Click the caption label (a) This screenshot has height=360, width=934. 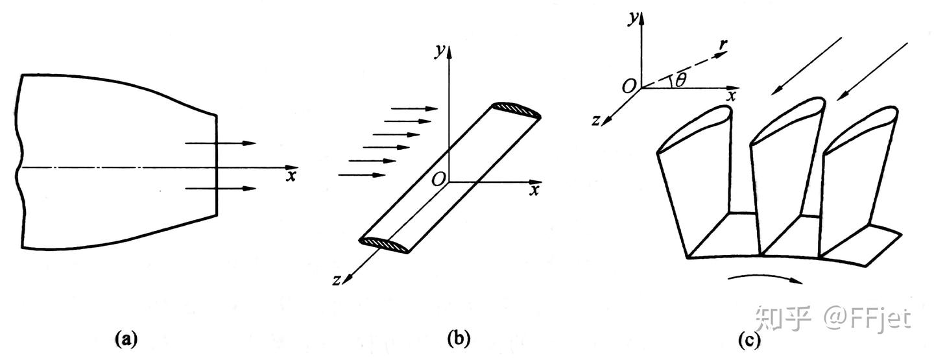click(x=126, y=338)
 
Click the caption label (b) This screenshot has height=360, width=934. click(x=459, y=338)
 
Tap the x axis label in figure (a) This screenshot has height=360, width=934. click(x=291, y=175)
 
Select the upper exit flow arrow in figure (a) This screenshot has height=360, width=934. click(x=221, y=143)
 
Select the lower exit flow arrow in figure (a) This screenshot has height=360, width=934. click(x=221, y=189)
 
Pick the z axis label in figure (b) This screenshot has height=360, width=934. click(x=336, y=280)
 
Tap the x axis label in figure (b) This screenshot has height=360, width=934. click(x=534, y=190)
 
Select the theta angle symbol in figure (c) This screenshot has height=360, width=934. click(x=680, y=80)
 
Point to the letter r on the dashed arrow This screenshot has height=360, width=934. click(x=724, y=45)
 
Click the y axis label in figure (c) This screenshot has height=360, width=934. click(x=631, y=18)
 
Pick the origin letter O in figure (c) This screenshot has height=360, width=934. click(x=628, y=86)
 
